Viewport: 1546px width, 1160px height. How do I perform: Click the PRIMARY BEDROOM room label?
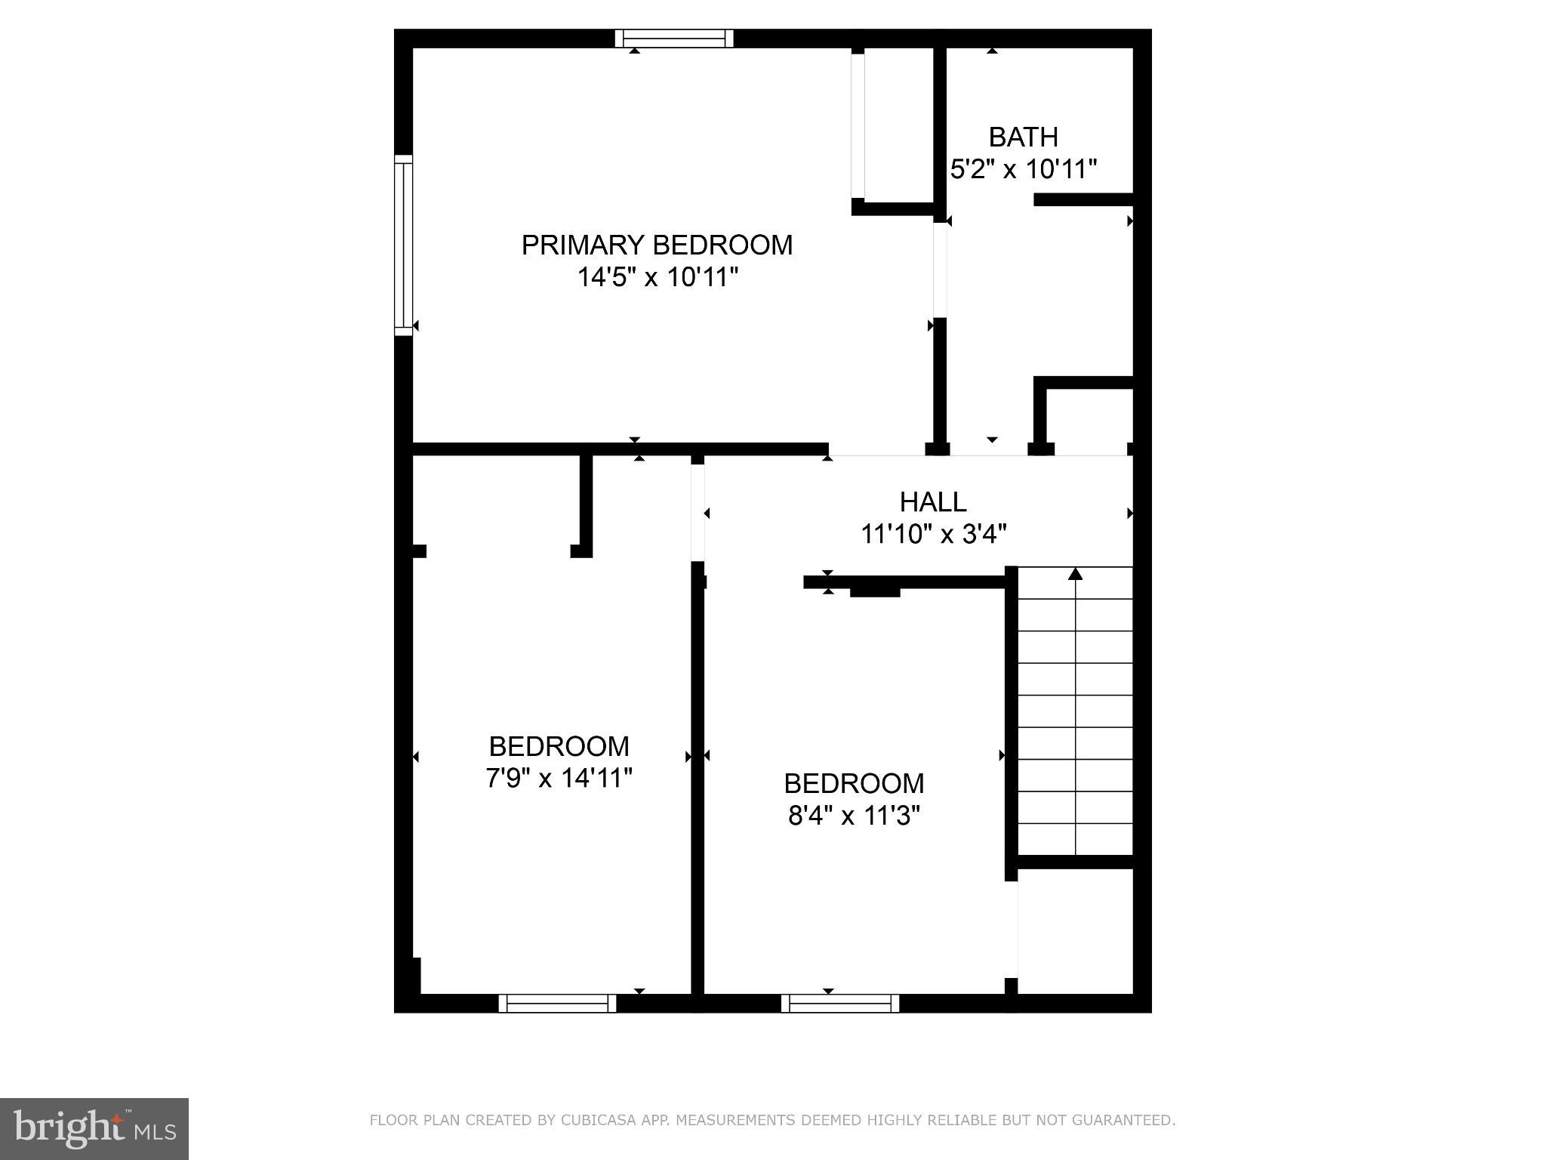(657, 245)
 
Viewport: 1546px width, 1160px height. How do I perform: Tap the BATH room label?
(1023, 137)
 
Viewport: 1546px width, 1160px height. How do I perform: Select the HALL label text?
(933, 502)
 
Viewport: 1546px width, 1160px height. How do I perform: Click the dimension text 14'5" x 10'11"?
(657, 277)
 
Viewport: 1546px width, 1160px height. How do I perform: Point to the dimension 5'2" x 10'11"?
(1023, 169)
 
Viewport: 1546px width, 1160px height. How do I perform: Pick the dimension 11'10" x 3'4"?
(933, 535)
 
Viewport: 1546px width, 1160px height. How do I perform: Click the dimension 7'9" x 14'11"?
(559, 778)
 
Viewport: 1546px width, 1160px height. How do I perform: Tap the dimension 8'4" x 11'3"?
(854, 816)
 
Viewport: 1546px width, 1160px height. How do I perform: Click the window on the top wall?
(673, 39)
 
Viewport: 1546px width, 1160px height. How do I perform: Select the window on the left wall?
(404, 245)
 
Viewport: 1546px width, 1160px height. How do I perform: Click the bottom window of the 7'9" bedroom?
(557, 1003)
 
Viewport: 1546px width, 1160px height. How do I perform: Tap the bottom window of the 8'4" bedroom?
(839, 1003)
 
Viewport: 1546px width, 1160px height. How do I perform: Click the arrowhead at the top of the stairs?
(1076, 574)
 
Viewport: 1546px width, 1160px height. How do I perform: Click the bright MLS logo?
(94, 1128)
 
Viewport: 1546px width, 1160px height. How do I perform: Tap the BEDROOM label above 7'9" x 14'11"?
(559, 746)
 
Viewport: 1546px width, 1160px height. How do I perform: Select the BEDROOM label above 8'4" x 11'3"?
(854, 784)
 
